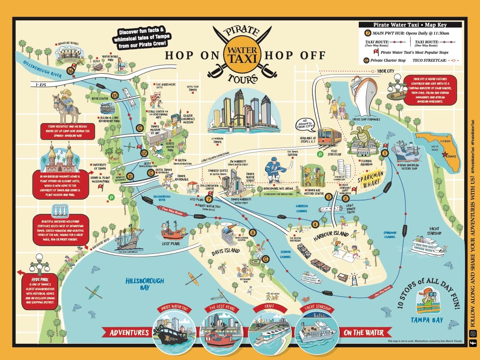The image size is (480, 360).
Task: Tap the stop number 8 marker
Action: [x=251, y=232]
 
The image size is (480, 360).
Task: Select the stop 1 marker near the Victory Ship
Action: [x=385, y=153]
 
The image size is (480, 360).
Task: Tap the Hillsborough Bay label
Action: [x=145, y=284]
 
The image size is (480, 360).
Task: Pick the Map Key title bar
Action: [x=410, y=25]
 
